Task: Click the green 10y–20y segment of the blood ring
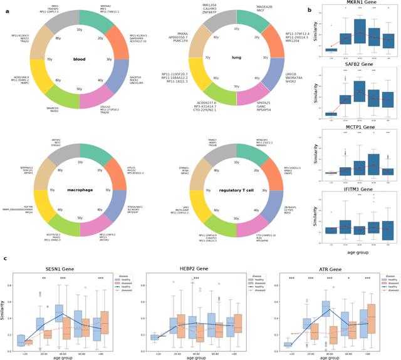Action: pos(101,23)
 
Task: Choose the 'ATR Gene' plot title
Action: pos(330,270)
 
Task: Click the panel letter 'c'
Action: pos(6,260)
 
